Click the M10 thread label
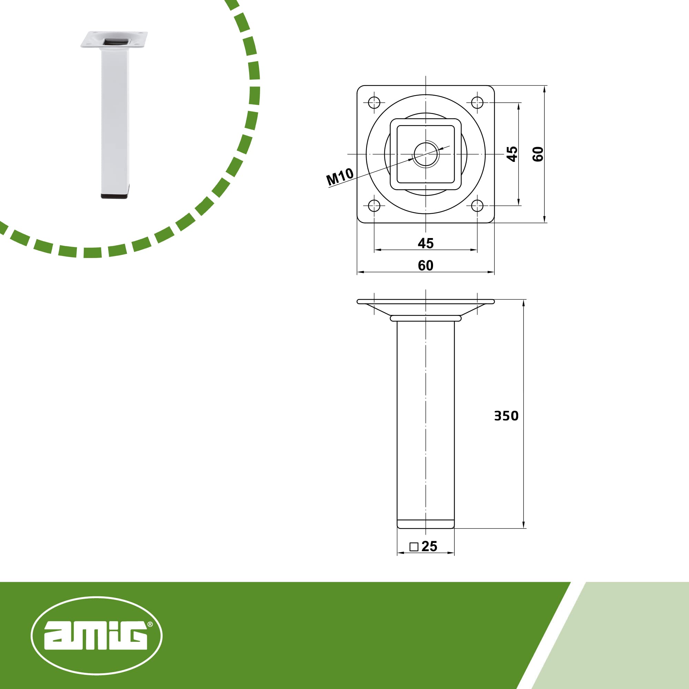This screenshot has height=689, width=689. coord(340,176)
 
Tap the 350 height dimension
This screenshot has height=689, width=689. coord(506,416)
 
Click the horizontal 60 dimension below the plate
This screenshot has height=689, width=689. coord(425,265)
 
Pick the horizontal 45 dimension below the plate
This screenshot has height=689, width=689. coord(425,243)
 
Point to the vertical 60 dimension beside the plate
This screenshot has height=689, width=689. coord(538,154)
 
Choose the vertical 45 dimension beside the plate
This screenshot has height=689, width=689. coord(512,154)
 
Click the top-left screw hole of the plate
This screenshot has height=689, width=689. coord(374,103)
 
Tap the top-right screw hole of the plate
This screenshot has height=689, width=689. coord(477,103)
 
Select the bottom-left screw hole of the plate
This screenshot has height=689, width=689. coord(374,206)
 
